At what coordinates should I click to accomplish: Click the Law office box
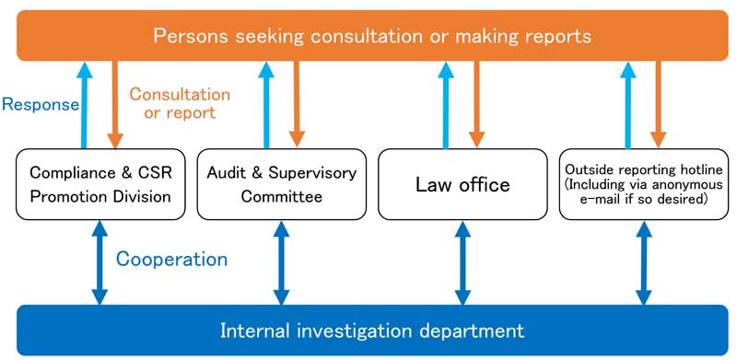tap(462, 184)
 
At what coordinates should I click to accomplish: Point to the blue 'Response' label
tap(40, 104)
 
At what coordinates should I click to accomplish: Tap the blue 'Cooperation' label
tap(171, 259)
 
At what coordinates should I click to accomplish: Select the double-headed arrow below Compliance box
tap(99, 261)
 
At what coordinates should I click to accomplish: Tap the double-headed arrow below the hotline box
tap(644, 261)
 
